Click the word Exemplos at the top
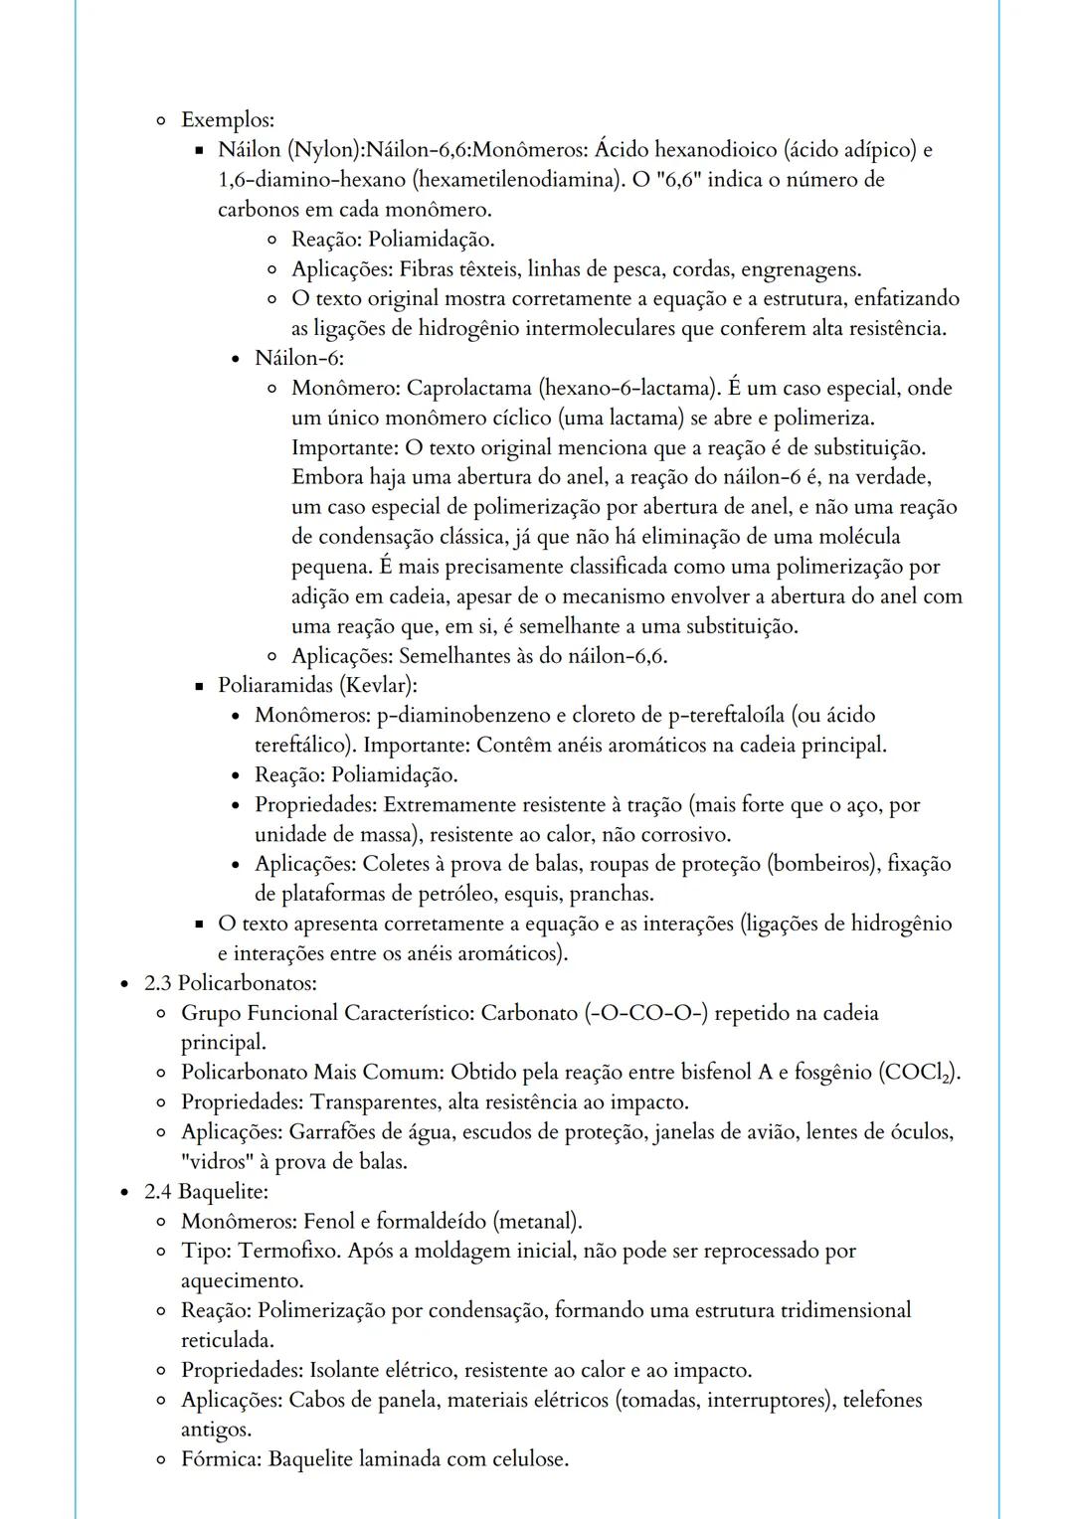tap(227, 120)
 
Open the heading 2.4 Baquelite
tap(206, 1191)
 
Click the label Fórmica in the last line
tap(221, 1459)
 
